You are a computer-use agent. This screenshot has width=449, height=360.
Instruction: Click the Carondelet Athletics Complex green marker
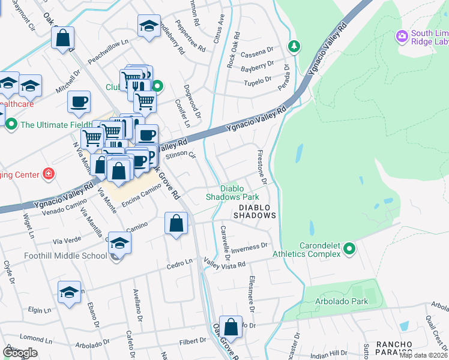click(x=349, y=248)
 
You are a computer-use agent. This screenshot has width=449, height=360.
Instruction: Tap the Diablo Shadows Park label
click(x=232, y=192)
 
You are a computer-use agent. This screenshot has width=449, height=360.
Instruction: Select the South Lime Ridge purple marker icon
click(x=402, y=37)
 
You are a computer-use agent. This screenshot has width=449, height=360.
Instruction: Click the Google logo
click(x=20, y=352)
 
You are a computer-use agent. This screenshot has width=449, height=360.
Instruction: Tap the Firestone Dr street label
click(x=262, y=167)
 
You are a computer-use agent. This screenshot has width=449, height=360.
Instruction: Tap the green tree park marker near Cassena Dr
click(x=294, y=46)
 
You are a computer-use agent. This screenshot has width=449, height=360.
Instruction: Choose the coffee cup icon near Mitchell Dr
click(x=79, y=101)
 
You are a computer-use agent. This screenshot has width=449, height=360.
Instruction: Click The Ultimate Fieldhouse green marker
click(x=11, y=125)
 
